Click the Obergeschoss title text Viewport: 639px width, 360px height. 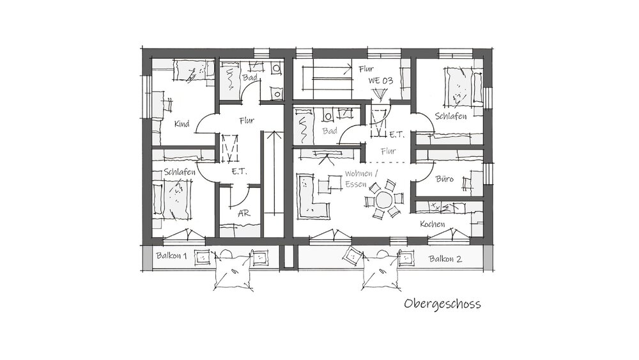(442, 304)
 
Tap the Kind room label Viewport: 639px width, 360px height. (181, 123)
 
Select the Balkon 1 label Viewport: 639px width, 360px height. (171, 256)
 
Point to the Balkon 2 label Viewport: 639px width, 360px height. (445, 259)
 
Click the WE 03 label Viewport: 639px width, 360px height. (381, 81)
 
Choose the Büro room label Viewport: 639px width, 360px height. (444, 178)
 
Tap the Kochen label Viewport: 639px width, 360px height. (433, 224)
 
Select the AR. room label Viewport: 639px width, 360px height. (243, 213)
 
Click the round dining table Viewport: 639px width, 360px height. (383, 200)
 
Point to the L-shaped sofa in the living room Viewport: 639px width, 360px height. (311, 196)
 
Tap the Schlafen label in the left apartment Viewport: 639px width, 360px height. (180, 172)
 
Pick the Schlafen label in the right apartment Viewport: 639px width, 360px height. (450, 116)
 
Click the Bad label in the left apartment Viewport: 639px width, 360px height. (250, 77)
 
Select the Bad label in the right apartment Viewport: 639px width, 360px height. (330, 131)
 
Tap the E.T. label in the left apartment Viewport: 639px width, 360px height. (239, 171)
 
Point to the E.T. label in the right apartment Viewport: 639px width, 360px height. (397, 134)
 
